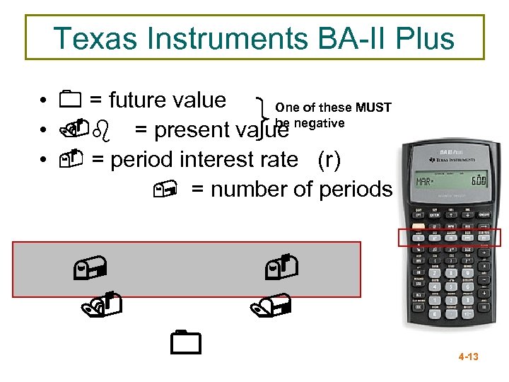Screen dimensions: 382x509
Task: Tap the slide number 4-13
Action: click(x=468, y=357)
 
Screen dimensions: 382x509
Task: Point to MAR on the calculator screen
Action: click(x=426, y=182)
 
